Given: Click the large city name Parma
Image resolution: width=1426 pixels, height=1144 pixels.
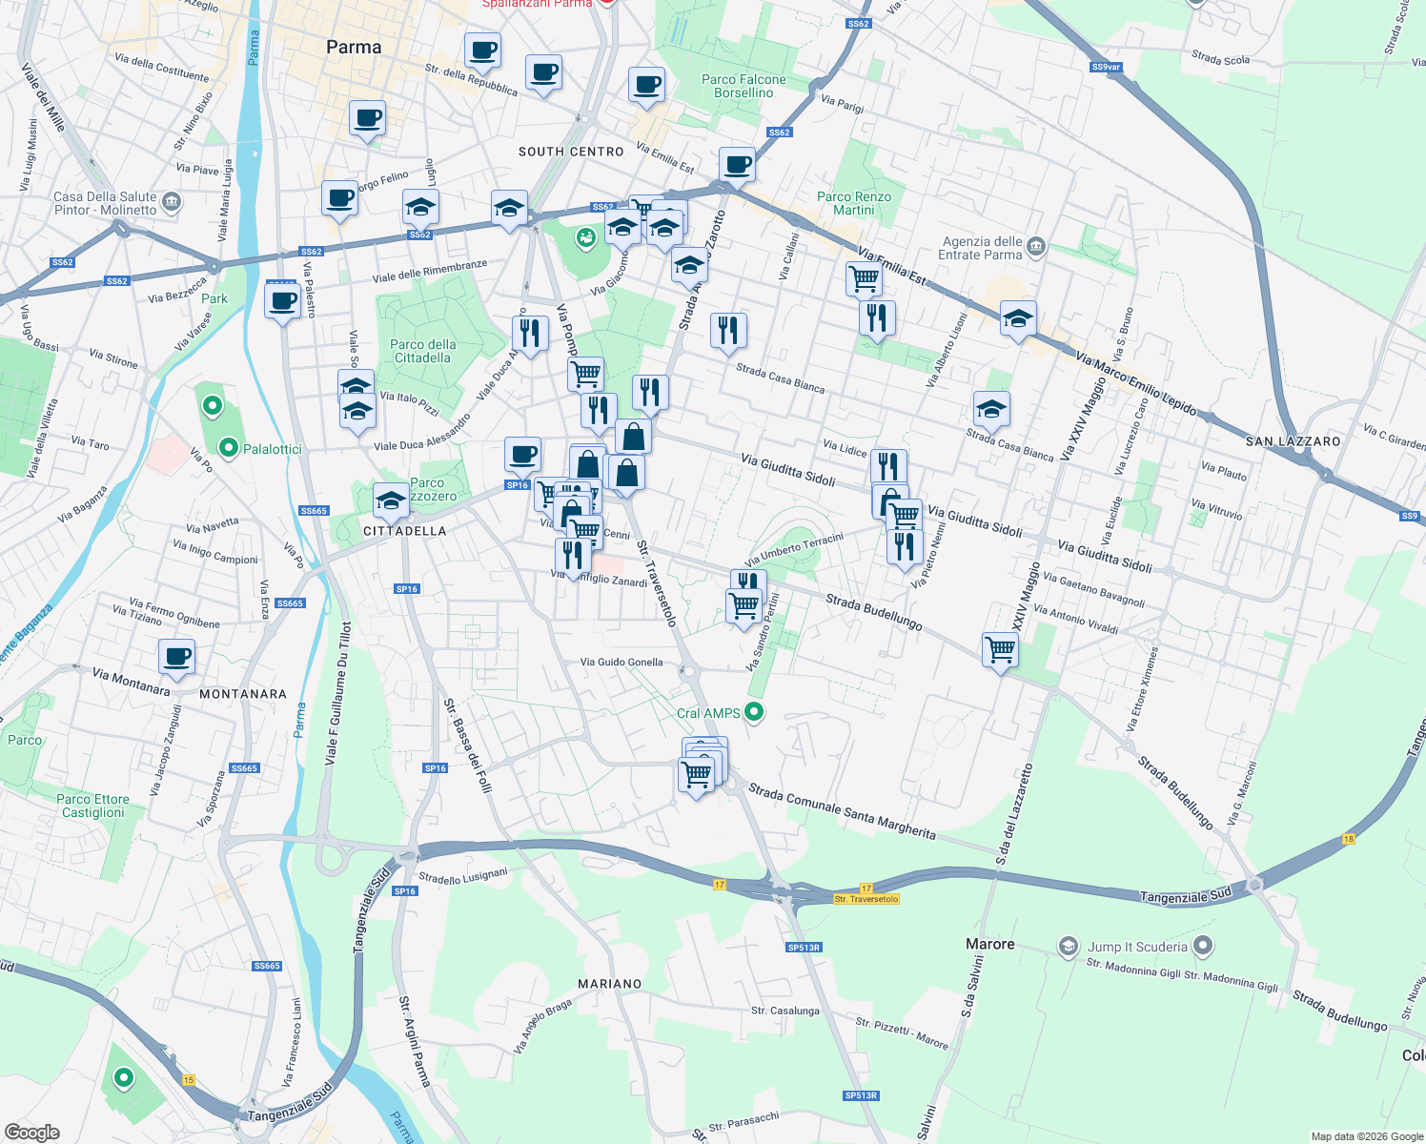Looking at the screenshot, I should point(354,47).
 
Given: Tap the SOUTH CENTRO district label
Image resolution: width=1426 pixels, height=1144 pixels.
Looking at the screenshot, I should point(571,152).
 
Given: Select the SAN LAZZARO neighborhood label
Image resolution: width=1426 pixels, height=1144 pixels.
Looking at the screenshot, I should point(1293,441).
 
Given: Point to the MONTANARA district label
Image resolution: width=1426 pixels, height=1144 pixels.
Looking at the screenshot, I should point(243,694).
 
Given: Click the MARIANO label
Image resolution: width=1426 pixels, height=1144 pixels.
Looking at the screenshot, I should point(610,984).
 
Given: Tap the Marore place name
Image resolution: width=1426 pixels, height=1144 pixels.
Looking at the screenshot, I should point(990,944).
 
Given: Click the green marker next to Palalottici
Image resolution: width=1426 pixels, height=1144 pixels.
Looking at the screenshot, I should point(228,447).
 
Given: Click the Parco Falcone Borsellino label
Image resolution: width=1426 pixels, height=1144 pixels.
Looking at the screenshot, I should point(744,86).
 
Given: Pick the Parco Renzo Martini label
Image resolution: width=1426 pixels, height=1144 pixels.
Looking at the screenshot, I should point(854,203).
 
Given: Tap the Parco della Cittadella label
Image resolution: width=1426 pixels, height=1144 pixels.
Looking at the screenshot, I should point(422,351).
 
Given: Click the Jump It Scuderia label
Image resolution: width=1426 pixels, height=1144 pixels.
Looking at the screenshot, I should point(1137,947).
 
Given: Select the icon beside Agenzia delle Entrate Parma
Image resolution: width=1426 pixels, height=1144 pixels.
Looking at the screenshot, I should point(1037,247).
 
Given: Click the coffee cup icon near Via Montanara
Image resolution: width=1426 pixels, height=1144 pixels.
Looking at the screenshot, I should point(177,657).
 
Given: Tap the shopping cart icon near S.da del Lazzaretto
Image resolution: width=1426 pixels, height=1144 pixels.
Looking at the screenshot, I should point(1000,650).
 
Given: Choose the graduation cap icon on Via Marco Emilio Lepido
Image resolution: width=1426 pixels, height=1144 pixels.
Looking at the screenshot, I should point(1018,318).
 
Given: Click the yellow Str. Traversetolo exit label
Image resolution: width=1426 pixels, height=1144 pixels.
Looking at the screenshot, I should point(866,899).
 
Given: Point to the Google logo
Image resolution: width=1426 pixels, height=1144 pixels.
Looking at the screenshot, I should point(32,1132).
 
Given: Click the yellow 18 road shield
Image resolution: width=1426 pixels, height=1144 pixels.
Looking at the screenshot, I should point(1348,839).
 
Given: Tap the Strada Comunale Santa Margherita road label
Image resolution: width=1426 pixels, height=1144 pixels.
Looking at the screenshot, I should point(842,810).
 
